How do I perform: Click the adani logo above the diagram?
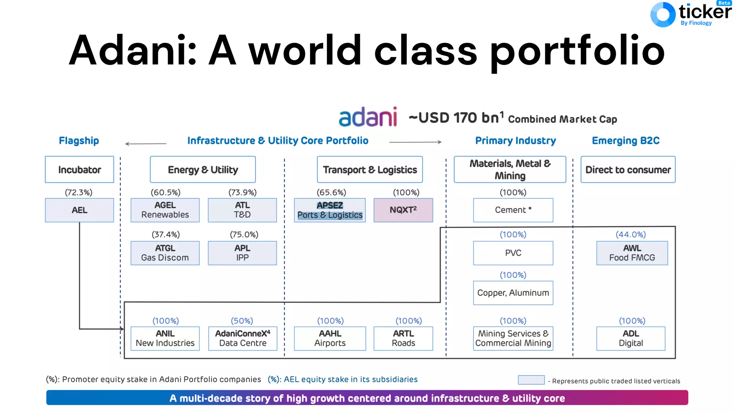click(368, 117)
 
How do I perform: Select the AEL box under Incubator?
click(79, 210)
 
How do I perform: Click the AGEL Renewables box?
click(165, 210)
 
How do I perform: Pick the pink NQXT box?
click(403, 210)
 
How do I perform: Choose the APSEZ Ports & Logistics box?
click(330, 210)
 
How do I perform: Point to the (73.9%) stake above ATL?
click(243, 193)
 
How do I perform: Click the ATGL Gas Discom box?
click(165, 253)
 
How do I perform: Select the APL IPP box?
click(242, 253)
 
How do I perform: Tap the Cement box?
click(513, 210)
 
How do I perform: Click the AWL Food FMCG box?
click(632, 253)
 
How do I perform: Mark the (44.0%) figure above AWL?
click(631, 234)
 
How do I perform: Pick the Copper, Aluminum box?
click(513, 293)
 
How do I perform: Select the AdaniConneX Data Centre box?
click(243, 338)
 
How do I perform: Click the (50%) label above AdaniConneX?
click(242, 321)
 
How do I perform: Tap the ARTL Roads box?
click(403, 338)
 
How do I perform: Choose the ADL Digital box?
click(631, 338)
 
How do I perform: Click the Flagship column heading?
click(79, 141)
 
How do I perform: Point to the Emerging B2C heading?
click(626, 141)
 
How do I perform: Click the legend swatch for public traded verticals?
click(531, 380)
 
